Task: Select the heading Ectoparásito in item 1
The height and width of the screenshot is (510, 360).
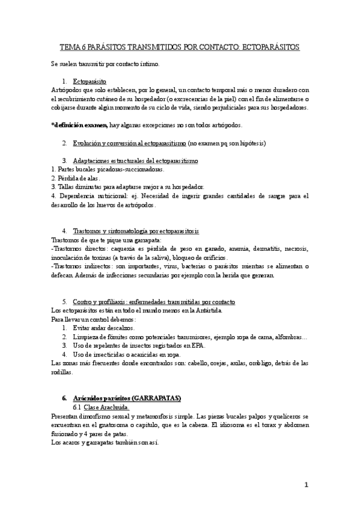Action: pyautogui.click(x=90, y=80)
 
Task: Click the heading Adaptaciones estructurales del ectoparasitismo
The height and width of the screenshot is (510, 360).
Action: pyautogui.click(x=135, y=161)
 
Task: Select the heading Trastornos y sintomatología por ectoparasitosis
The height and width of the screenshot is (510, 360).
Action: pyautogui.click(x=135, y=231)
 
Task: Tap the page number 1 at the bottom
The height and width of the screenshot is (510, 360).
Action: pyautogui.click(x=306, y=485)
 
